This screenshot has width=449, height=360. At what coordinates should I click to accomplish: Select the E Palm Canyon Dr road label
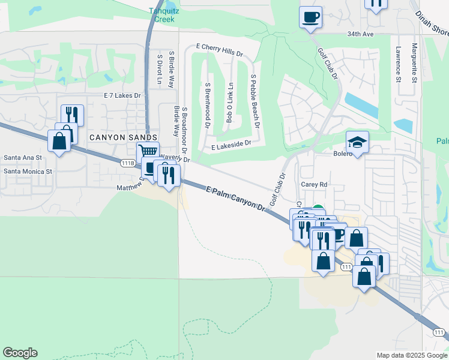pyautogui.click(x=235, y=198)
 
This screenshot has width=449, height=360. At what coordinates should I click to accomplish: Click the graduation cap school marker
pyautogui.click(x=357, y=142)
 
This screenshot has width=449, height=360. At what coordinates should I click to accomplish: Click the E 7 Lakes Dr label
pyautogui.click(x=122, y=95)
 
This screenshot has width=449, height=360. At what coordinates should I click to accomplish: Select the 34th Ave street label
pyautogui.click(x=360, y=34)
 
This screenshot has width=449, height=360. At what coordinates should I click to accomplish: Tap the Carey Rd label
pyautogui.click(x=313, y=185)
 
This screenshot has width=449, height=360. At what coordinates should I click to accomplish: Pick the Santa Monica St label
pyautogui.click(x=28, y=171)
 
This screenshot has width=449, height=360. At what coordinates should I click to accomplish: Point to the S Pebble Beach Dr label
pyautogui.click(x=255, y=102)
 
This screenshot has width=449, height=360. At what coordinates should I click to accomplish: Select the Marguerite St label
pyautogui.click(x=414, y=62)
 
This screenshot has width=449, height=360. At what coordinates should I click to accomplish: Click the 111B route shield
pyautogui.click(x=127, y=163)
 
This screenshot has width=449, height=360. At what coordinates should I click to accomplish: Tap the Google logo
pyautogui.click(x=20, y=353)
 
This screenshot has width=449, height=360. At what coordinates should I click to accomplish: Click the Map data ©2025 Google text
pyautogui.click(x=411, y=355)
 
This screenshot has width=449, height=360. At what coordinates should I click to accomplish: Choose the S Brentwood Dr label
pyautogui.click(x=207, y=105)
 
